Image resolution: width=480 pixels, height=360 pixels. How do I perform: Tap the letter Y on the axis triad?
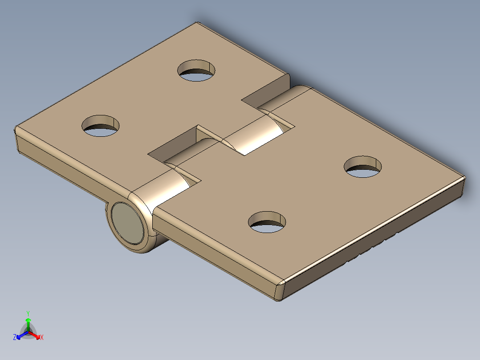click(28, 313)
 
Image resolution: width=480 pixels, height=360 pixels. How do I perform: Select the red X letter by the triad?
click(42, 338)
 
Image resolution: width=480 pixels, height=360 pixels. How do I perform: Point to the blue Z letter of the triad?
click(15, 338)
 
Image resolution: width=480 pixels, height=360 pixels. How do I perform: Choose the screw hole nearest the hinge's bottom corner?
click(267, 222)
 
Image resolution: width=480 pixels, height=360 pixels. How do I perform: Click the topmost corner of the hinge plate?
click(196, 23)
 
